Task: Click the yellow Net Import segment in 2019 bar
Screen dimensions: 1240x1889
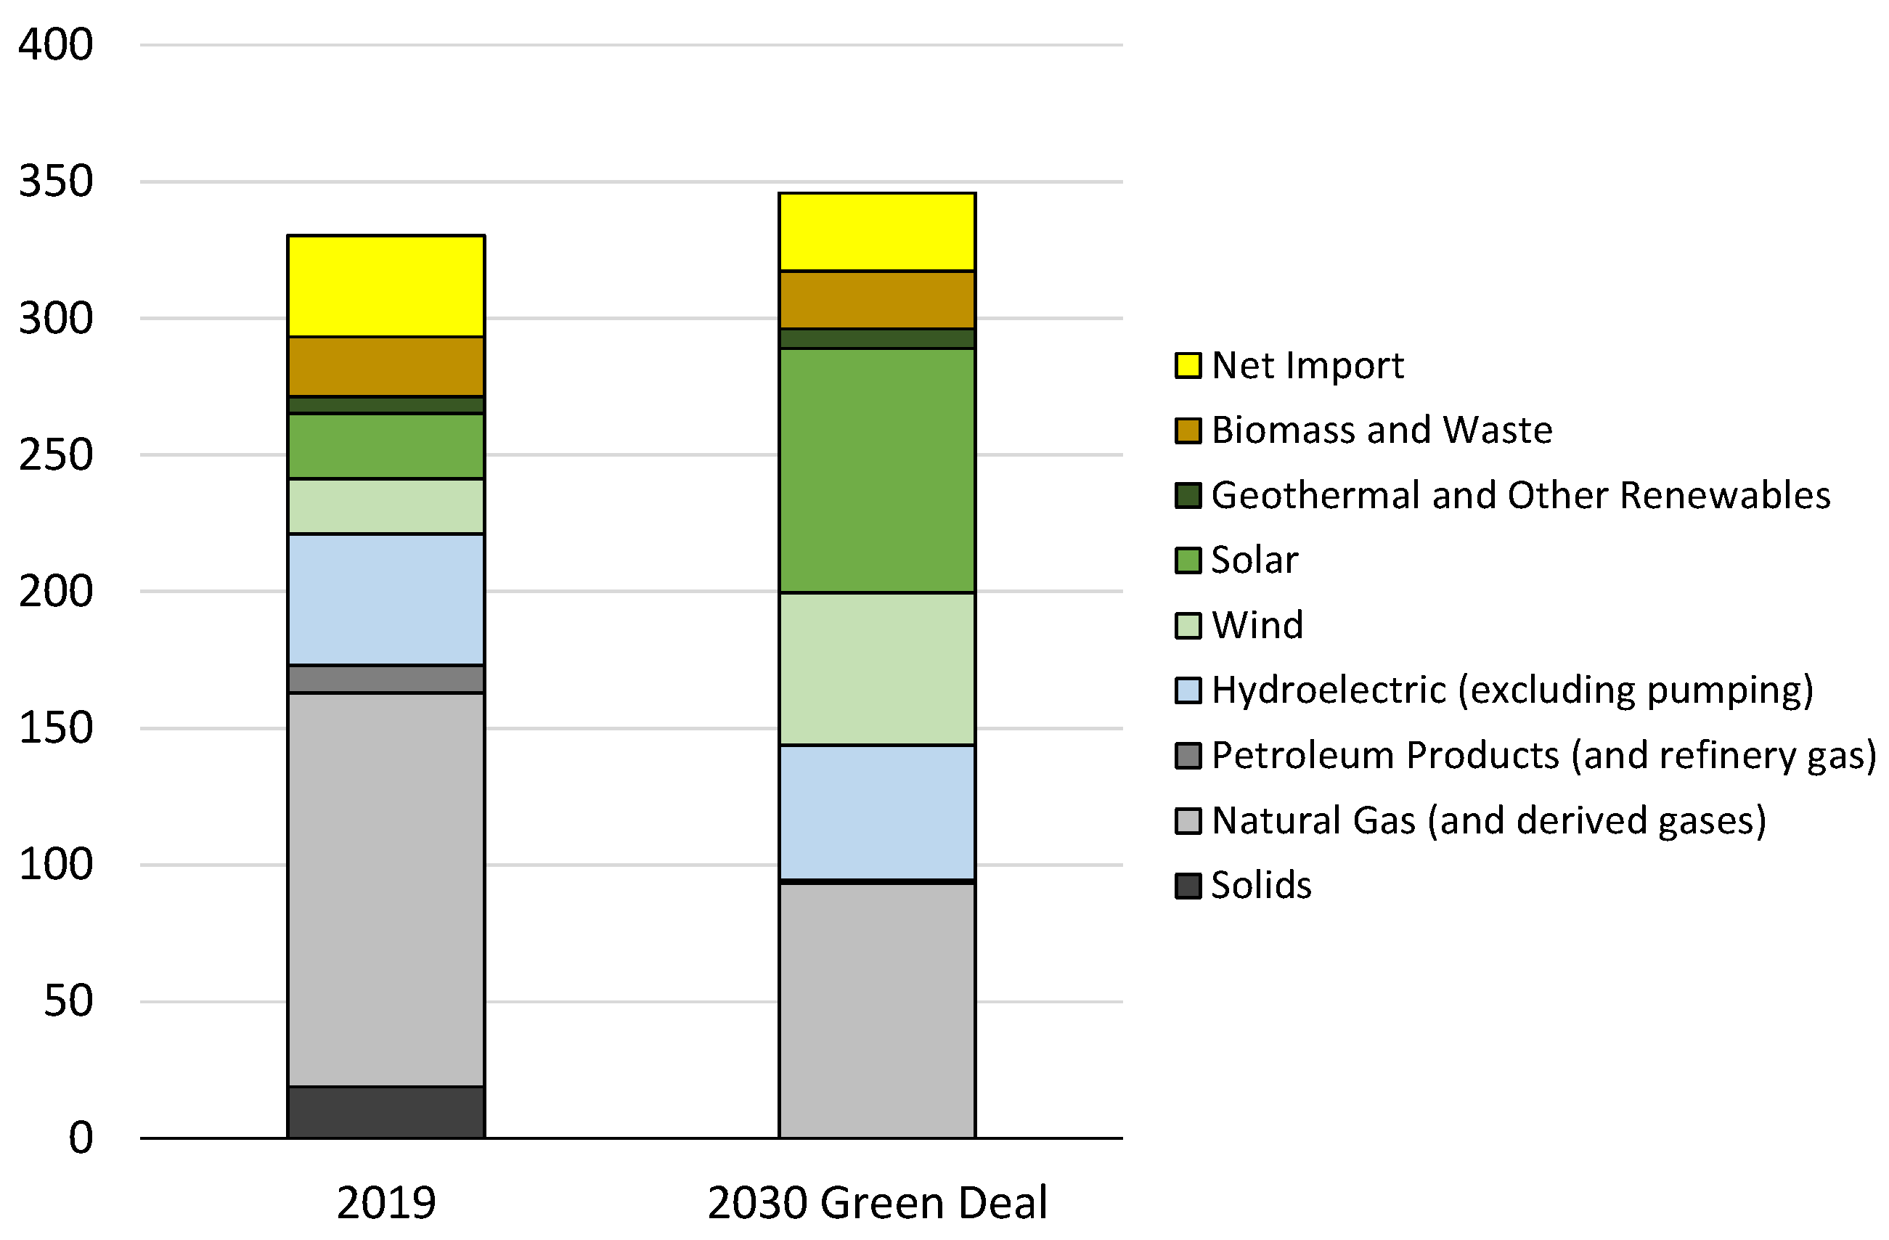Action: click(385, 287)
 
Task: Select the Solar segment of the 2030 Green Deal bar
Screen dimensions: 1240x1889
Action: click(876, 470)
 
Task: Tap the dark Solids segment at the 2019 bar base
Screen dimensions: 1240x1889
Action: click(385, 1111)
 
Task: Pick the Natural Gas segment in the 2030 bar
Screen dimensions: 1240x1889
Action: click(876, 1010)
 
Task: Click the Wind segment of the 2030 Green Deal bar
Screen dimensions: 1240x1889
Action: click(876, 669)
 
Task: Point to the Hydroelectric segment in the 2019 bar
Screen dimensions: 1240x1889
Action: click(385, 600)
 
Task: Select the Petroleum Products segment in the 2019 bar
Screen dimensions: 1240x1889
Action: click(385, 679)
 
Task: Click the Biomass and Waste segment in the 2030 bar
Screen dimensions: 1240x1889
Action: click(876, 299)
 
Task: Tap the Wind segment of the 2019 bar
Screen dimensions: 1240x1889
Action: click(385, 506)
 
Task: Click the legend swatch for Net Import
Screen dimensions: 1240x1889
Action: click(1188, 365)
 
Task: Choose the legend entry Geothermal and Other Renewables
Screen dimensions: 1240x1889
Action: click(1520, 495)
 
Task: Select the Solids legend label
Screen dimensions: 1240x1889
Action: click(1260, 885)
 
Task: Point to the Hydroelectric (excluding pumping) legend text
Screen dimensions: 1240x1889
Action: click(1512, 690)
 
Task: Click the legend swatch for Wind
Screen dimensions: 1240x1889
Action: click(1188, 626)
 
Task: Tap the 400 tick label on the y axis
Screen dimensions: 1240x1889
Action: click(56, 44)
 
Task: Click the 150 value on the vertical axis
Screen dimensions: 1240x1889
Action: click(56, 727)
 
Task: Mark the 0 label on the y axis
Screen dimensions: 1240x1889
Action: click(80, 1138)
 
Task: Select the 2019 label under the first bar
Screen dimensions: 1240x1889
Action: click(385, 1203)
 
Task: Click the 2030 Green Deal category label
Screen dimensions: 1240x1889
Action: click(876, 1203)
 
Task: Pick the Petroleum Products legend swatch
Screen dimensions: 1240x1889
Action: click(1188, 755)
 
